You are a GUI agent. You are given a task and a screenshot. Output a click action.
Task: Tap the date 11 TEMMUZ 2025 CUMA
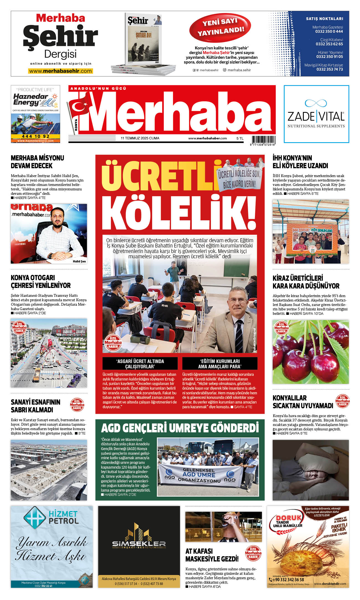click(x=140, y=138)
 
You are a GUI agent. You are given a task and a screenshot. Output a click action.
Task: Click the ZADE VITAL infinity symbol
click(x=316, y=103)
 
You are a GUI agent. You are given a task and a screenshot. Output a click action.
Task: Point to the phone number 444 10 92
click(x=35, y=136)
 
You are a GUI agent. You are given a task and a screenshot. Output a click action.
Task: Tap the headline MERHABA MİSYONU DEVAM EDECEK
click(x=37, y=162)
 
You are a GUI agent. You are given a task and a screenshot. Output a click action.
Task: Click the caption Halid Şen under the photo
click(x=79, y=261)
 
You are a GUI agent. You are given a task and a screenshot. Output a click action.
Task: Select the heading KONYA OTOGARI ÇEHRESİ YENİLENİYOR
click(x=41, y=282)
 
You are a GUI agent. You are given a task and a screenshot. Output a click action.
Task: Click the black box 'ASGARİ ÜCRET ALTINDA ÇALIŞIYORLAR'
click(x=140, y=364)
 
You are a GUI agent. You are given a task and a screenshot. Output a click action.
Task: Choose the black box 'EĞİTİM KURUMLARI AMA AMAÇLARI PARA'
click(x=220, y=364)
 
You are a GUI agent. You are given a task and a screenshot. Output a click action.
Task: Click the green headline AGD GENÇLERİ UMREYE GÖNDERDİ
click(x=180, y=428)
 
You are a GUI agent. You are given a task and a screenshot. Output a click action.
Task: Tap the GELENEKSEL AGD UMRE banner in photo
click(x=199, y=474)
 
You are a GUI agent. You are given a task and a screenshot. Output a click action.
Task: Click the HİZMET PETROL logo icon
click(x=34, y=518)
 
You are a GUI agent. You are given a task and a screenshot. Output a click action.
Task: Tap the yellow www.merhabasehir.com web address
click(x=60, y=71)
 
